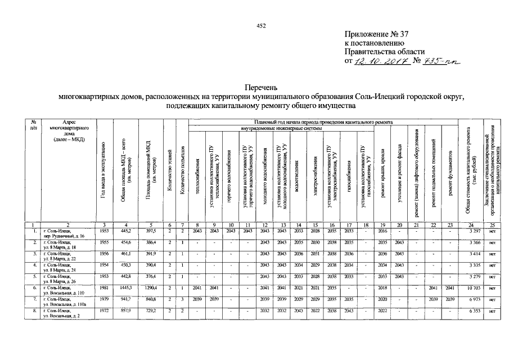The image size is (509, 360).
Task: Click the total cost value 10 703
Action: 470,287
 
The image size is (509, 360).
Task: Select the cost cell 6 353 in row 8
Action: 470,311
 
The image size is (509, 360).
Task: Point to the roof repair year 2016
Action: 383,231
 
